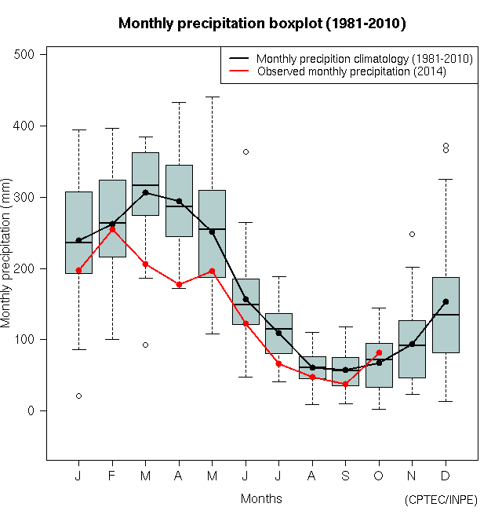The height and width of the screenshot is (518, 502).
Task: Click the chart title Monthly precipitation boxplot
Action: (x=261, y=24)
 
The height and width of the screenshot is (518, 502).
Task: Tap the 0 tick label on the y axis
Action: (x=31, y=410)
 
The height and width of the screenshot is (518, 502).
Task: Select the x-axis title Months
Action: (x=261, y=498)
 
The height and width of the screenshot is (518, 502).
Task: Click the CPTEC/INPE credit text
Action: (x=441, y=500)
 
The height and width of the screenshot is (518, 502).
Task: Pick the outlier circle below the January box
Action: (x=78, y=396)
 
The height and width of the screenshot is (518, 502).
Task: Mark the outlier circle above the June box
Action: (x=246, y=151)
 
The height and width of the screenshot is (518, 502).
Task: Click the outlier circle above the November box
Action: (x=412, y=234)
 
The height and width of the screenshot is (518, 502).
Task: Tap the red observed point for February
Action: (x=112, y=229)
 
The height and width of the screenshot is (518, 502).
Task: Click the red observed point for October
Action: (x=379, y=352)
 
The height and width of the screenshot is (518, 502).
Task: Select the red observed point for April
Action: (x=179, y=284)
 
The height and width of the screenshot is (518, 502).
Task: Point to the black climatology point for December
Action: (x=446, y=301)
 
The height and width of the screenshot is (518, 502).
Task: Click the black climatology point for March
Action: (x=145, y=192)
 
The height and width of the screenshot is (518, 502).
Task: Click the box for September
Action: (x=345, y=371)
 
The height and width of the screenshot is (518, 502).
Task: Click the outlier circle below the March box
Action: (x=145, y=345)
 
